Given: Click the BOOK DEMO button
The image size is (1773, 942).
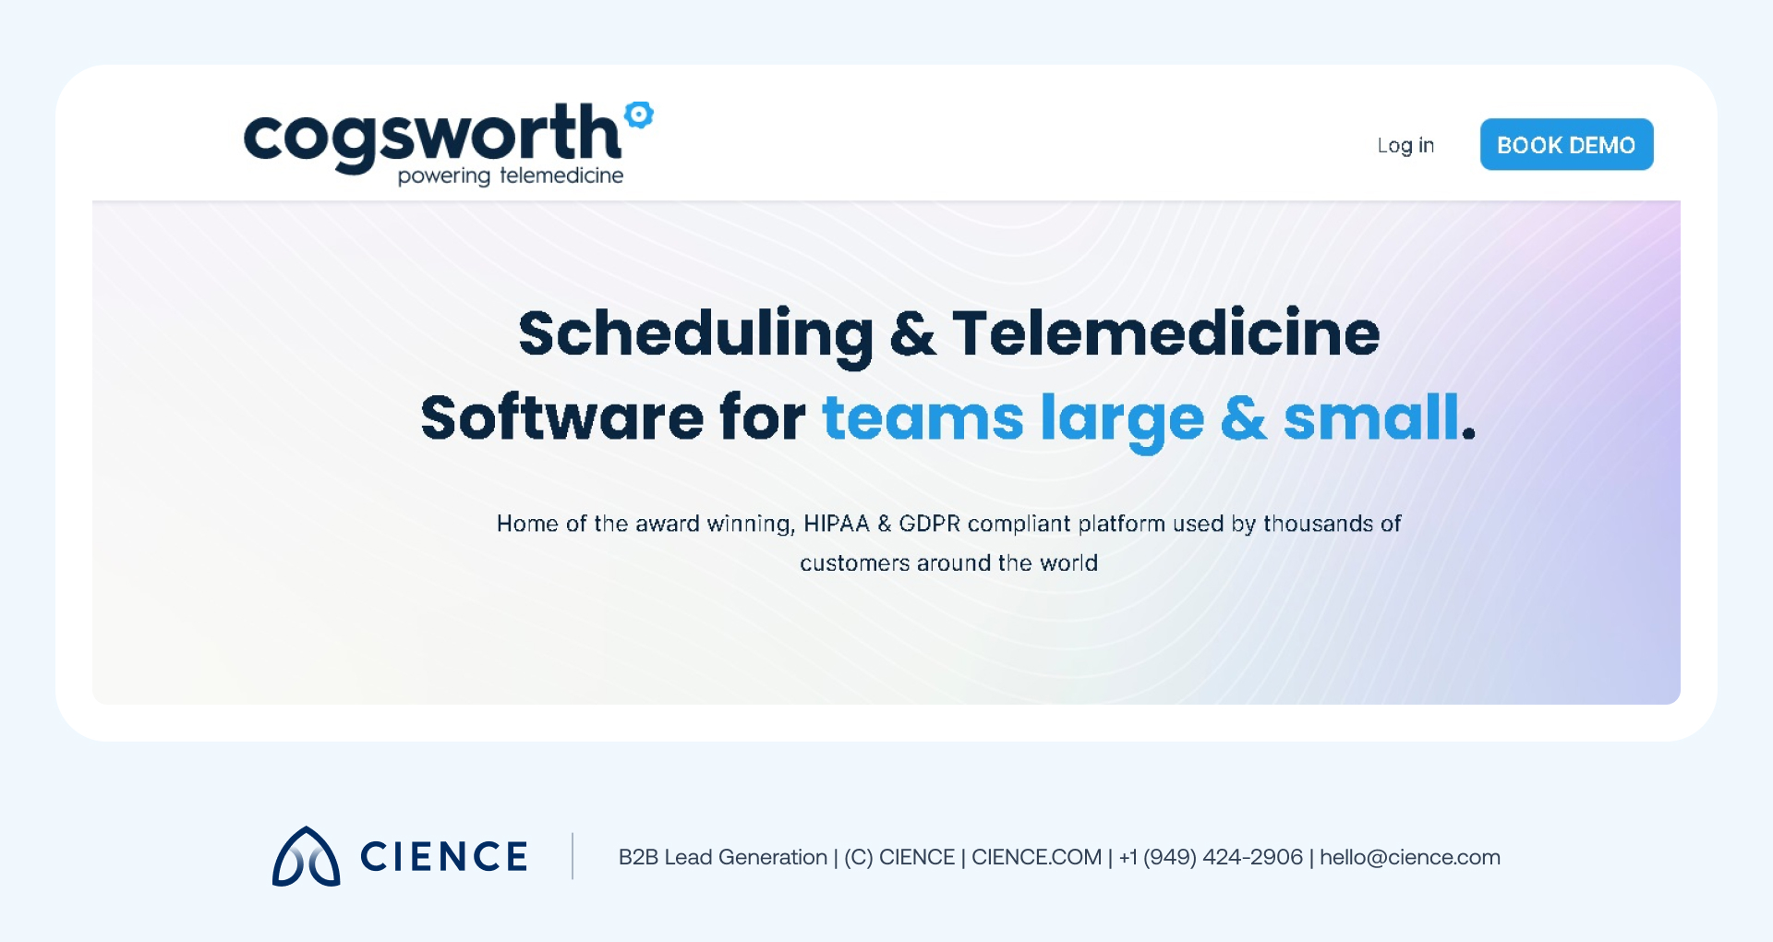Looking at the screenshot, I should [x=1566, y=145].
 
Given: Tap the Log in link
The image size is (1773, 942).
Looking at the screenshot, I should [x=1405, y=146].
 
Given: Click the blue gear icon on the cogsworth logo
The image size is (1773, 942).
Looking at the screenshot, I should [x=639, y=115].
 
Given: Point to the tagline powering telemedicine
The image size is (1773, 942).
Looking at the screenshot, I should [x=511, y=175].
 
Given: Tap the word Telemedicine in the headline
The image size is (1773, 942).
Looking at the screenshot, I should [x=1166, y=333].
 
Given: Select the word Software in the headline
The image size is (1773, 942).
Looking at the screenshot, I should [x=561, y=418].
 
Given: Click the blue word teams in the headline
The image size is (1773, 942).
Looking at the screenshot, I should [x=923, y=418].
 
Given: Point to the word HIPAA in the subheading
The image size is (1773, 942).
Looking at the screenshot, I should [x=837, y=524].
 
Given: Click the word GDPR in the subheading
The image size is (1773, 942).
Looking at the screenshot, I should [x=930, y=524].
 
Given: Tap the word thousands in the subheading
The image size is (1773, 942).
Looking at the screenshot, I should [x=1319, y=524].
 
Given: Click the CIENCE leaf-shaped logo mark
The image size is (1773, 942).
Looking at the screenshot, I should [x=306, y=857].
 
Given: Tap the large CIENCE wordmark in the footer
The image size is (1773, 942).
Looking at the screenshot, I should [x=444, y=857].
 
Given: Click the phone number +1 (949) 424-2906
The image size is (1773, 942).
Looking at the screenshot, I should [x=1211, y=857].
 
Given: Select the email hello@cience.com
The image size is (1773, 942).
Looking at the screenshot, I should [x=1409, y=857].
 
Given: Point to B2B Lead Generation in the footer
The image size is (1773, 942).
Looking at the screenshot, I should [x=723, y=857].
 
